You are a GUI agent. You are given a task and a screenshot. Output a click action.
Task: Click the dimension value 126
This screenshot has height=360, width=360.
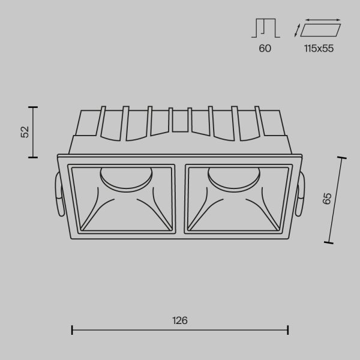click(x=180, y=320)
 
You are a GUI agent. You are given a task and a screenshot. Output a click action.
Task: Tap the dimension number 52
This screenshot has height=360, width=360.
click(x=25, y=132)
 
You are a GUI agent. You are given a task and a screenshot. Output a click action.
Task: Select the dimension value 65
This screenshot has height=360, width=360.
click(x=327, y=199)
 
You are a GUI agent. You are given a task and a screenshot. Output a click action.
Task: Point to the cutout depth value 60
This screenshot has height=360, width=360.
click(x=265, y=49)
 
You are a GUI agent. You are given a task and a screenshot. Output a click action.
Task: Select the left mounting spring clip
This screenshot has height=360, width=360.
click(x=57, y=195)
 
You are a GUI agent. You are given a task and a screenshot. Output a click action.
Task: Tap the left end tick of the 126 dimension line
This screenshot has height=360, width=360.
click(x=72, y=329)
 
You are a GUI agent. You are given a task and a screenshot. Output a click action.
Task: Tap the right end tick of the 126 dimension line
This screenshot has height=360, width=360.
click(x=289, y=329)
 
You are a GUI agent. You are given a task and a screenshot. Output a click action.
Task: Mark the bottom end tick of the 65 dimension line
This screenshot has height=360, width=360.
click(x=328, y=242)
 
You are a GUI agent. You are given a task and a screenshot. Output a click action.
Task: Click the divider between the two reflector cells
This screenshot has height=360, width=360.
click(x=181, y=198)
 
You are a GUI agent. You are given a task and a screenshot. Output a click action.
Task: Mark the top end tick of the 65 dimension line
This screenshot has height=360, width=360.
click(x=343, y=158)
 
